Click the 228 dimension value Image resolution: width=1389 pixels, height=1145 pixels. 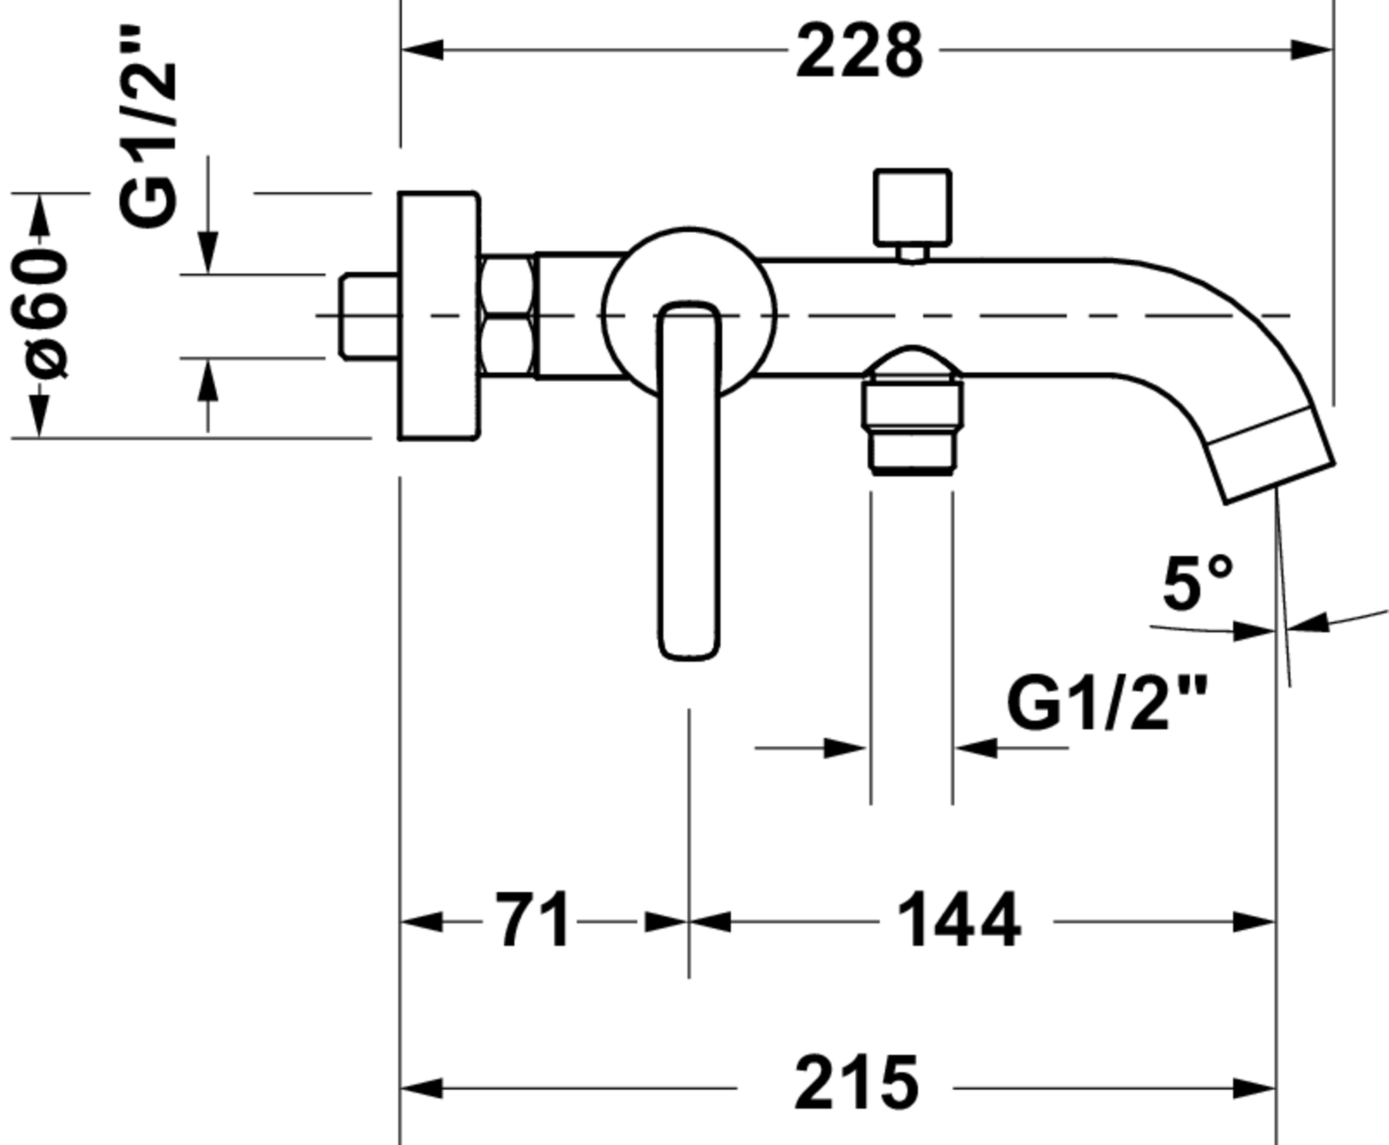859,51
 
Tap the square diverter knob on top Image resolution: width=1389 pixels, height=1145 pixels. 912,207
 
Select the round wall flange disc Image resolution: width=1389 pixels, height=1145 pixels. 438,316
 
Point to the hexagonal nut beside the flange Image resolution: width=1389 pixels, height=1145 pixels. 507,316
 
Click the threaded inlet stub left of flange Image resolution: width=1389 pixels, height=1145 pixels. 369,317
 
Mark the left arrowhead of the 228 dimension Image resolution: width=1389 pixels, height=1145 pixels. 422,50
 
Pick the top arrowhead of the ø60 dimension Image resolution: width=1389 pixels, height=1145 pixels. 39,214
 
